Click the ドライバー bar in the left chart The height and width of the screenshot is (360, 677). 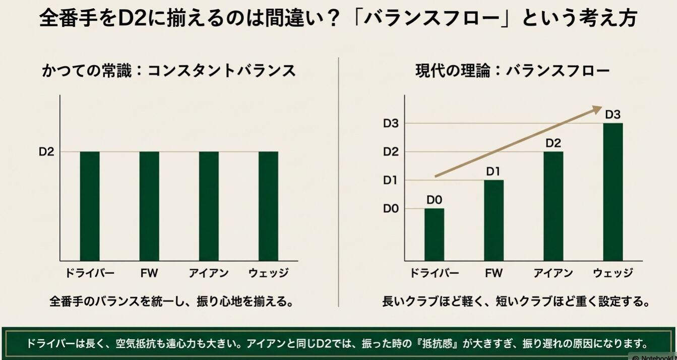click(90, 206)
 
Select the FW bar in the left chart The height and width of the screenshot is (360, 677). click(149, 206)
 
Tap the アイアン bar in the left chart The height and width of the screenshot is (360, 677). click(209, 206)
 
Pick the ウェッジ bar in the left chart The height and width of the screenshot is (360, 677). click(268, 206)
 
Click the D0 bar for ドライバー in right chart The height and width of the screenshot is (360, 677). click(434, 234)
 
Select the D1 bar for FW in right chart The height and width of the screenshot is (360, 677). click(494, 220)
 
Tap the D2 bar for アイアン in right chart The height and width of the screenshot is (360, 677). click(553, 206)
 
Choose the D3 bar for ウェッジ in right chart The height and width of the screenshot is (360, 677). click(613, 192)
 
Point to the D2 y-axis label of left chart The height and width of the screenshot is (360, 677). click(46, 152)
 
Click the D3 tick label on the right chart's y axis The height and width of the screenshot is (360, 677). click(391, 123)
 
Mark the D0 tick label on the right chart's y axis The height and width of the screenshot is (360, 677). click(391, 209)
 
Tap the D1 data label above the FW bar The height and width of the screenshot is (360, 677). click(494, 171)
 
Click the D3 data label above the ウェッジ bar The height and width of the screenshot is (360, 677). click(613, 114)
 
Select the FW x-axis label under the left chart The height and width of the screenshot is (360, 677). click(149, 274)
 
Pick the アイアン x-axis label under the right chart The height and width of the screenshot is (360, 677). click(553, 274)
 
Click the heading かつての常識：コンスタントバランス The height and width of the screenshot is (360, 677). click(169, 71)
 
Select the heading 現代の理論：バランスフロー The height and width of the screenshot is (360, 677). click(512, 71)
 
